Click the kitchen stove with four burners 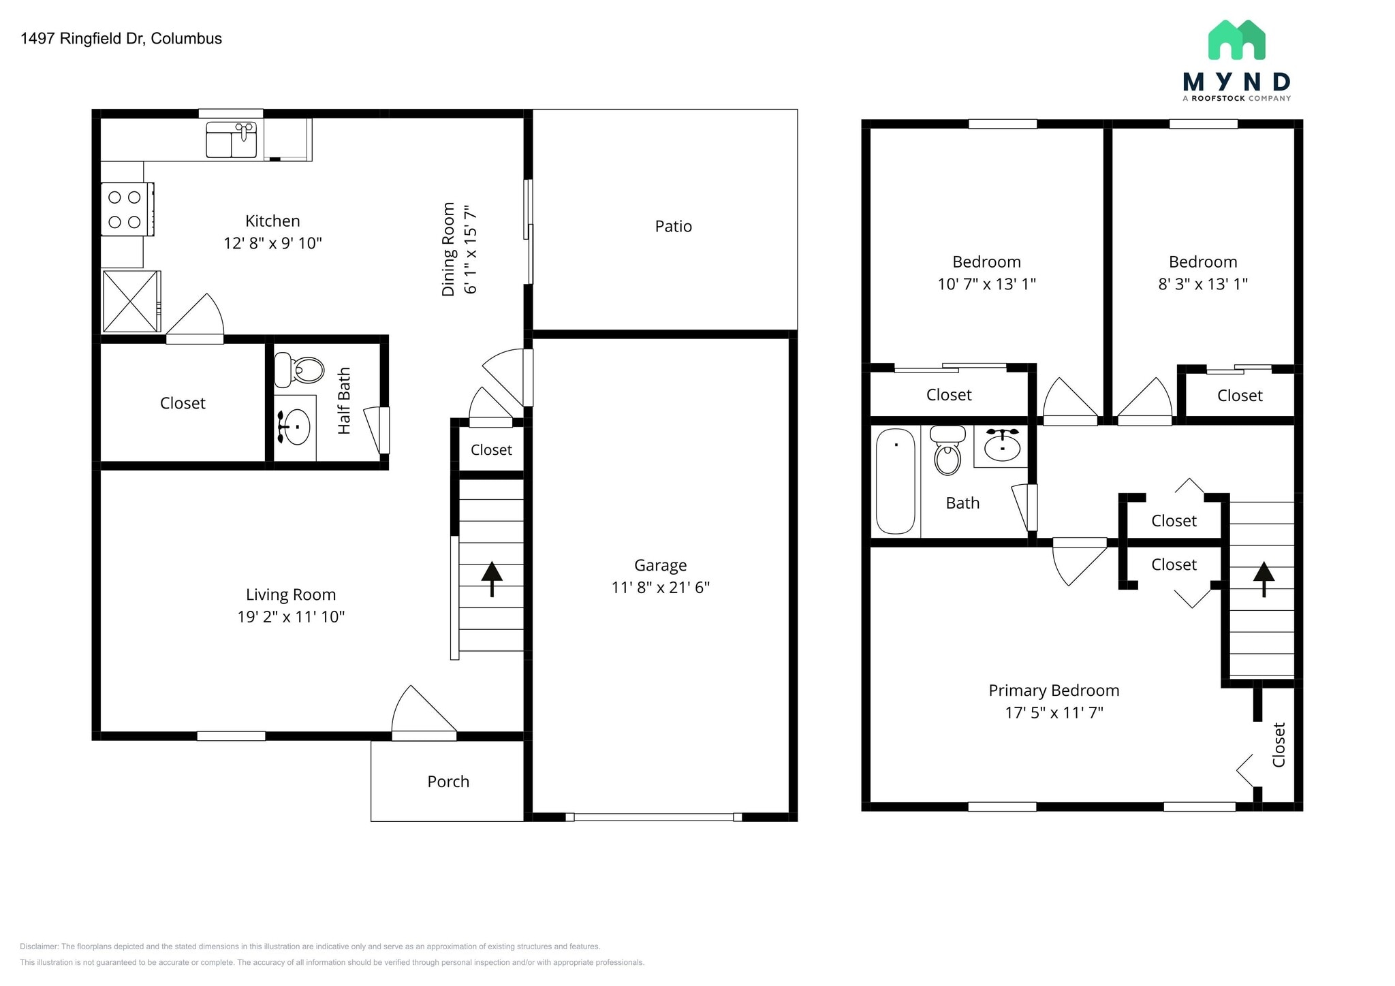point(127,209)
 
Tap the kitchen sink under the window point(232,140)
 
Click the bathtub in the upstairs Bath point(895,481)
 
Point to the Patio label point(673,227)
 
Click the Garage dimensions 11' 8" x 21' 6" point(660,588)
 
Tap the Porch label point(448,782)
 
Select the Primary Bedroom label point(1054,690)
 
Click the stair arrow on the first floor point(492,578)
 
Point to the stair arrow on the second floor point(1264,578)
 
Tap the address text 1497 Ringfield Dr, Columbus point(121,39)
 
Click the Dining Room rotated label point(448,249)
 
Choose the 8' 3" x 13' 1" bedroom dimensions point(1203,284)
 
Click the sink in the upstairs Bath point(1002,446)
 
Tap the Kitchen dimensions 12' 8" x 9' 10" point(272,243)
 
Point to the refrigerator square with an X point(131,301)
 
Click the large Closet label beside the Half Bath point(183,403)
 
